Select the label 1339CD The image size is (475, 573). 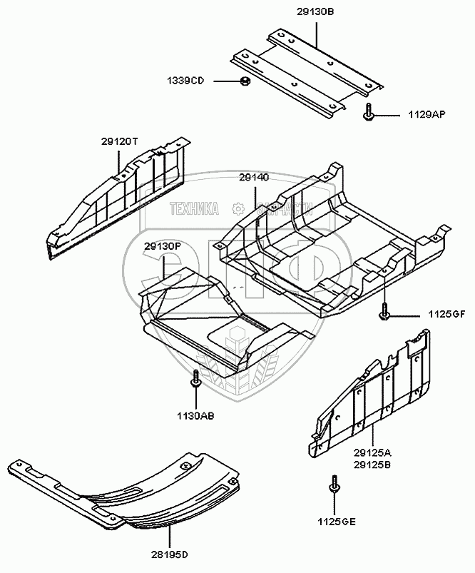point(186,81)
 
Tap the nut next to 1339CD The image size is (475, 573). point(243,81)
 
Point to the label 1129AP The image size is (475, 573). point(427,113)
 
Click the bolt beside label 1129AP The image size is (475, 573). point(368,112)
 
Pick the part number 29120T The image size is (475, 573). point(120,141)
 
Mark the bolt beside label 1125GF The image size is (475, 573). point(384,312)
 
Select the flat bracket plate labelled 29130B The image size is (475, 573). point(307,71)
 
